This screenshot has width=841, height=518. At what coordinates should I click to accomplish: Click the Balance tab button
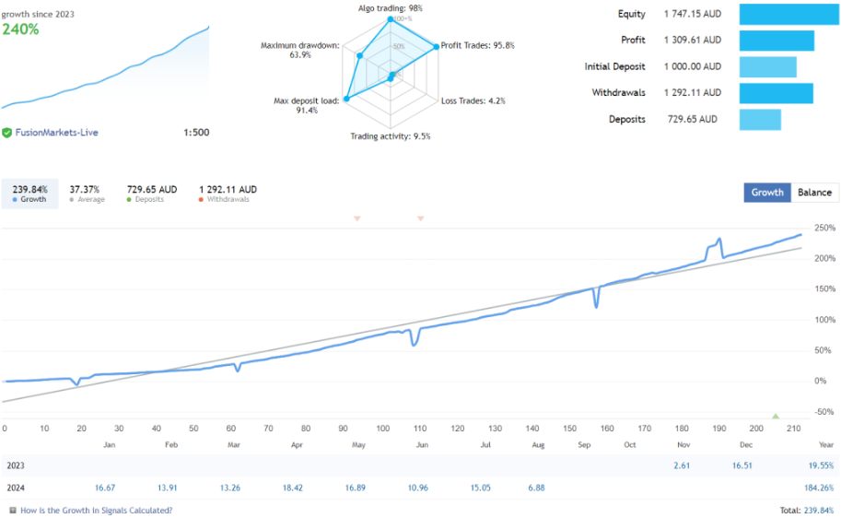[x=815, y=193]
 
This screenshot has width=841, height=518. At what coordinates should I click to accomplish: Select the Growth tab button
[x=767, y=193]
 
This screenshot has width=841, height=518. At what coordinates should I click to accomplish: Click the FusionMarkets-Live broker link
[x=56, y=133]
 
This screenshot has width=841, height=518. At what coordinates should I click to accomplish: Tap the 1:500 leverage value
[x=196, y=133]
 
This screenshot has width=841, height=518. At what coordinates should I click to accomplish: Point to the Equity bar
[x=783, y=15]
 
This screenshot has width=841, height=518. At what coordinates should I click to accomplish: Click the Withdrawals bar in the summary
[x=776, y=93]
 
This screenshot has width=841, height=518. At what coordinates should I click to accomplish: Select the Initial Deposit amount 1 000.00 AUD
[x=692, y=66]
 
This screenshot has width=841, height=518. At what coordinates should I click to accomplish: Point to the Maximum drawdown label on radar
[x=299, y=50]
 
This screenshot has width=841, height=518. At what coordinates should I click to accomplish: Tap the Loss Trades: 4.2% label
[x=473, y=100]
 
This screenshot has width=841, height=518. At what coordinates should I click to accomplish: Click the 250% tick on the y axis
[x=825, y=229]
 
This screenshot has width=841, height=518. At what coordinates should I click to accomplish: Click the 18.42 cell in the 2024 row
[x=293, y=488]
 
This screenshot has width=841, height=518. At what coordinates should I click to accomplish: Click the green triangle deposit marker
[x=776, y=417]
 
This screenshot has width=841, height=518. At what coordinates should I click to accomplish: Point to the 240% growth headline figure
[x=21, y=29]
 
